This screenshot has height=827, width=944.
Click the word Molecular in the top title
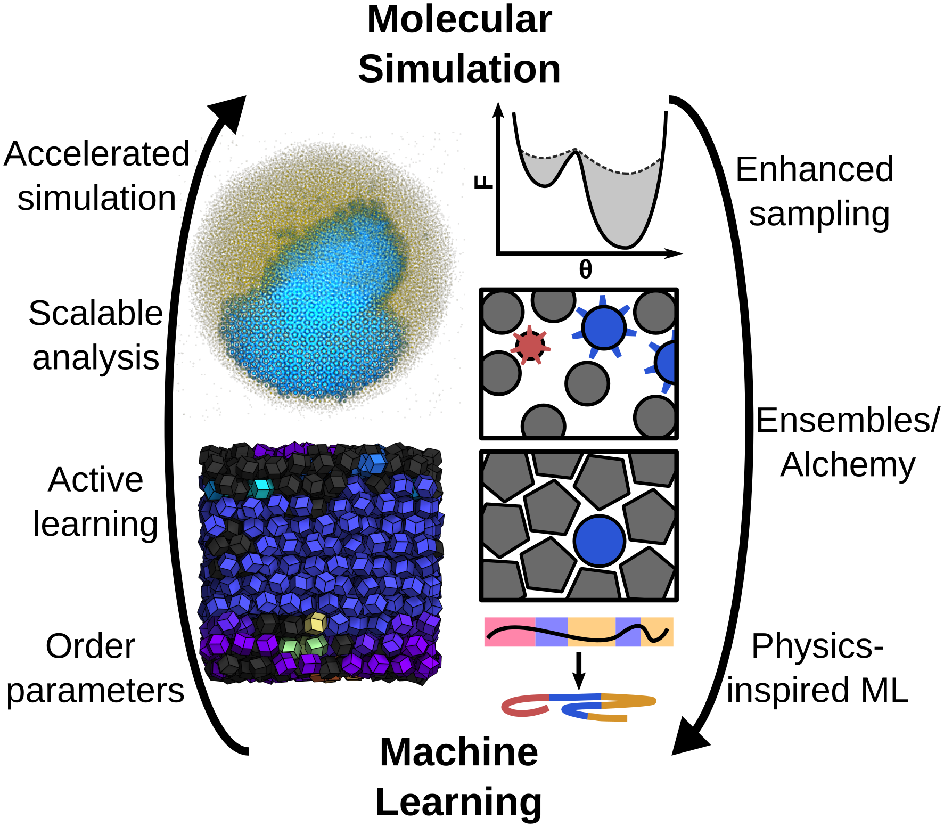point(459,20)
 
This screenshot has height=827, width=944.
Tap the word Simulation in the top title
point(459,69)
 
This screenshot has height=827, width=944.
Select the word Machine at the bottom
point(459,752)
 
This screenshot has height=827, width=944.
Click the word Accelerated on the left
point(96,154)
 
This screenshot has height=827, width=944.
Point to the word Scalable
point(95,313)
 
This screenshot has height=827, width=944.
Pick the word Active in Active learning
point(95,480)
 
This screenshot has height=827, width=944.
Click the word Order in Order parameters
point(91,646)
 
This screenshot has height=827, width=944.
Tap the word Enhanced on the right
point(814,170)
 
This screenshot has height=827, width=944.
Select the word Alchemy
point(848,465)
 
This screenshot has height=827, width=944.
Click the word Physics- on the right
point(817,646)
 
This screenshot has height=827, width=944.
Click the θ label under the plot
point(585,270)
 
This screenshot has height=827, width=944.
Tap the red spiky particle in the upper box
point(530,345)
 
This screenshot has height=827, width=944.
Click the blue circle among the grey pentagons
point(600,541)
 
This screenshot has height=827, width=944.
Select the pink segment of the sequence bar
point(510,632)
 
